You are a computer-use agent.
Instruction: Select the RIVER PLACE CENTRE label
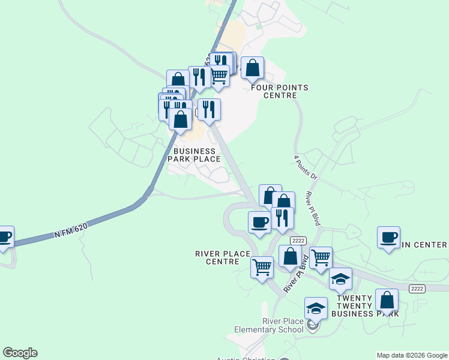[223, 257]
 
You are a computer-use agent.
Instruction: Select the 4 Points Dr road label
[305, 169]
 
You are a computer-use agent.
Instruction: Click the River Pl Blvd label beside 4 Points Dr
[313, 208]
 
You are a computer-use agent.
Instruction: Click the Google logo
[20, 353]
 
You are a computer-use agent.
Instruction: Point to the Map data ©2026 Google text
[412, 355]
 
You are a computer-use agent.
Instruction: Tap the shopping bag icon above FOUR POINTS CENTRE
[253, 68]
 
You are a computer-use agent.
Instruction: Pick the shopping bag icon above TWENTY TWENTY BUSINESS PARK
[387, 300]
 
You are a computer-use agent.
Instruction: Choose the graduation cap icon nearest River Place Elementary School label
[316, 308]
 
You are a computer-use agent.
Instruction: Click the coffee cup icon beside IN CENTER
[388, 238]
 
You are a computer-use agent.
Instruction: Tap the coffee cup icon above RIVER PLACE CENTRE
[260, 222]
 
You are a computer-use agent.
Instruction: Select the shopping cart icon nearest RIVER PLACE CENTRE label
[262, 267]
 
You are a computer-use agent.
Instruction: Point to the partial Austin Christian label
[247, 359]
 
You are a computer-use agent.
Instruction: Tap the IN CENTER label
[424, 245]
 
